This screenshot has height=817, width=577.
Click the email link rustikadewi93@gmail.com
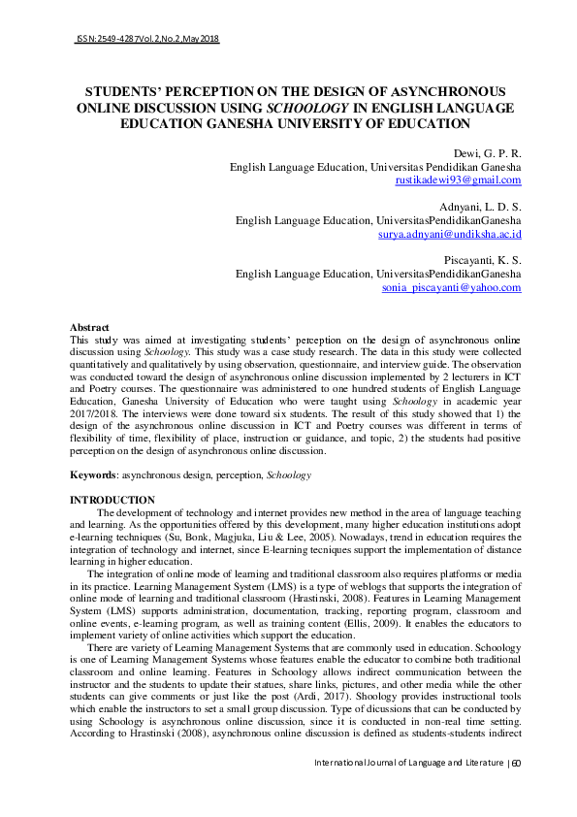coord(459,180)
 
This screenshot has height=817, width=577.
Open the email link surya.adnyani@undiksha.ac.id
coord(450,234)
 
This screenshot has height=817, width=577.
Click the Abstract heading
coord(90,328)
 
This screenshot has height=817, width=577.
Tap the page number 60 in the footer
coord(516,791)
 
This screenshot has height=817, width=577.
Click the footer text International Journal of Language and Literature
coord(408,791)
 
